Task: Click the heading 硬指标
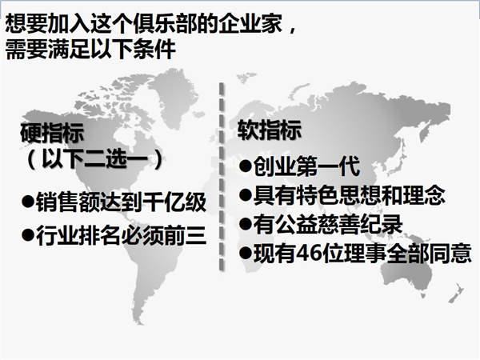[52, 133]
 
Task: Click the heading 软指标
[270, 130]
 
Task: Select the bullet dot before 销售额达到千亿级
[28, 202]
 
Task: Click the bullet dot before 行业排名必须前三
[28, 235]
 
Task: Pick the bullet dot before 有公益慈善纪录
[246, 223]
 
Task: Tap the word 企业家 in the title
[250, 23]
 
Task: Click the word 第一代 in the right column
[328, 166]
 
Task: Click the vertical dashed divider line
[222, 177]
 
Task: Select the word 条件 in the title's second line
[154, 49]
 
